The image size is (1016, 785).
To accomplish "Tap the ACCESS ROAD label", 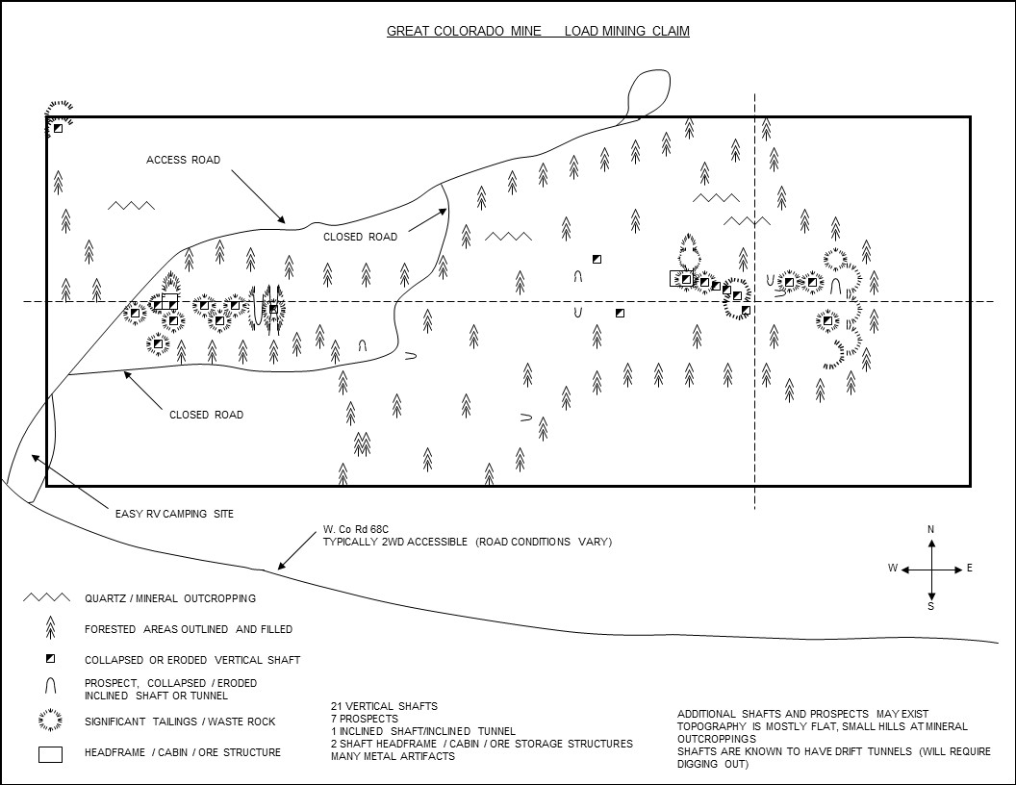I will pos(183,160).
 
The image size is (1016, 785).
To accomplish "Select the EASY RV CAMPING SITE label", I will pos(174,514).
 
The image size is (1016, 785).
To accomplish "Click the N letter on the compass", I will pos(930,530).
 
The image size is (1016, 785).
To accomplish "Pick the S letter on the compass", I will pos(930,606).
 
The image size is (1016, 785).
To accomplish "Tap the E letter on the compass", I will pos(969,569).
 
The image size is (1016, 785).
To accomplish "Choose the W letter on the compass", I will pos(893,569).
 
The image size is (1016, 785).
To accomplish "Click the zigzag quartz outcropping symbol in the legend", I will pos(48,597).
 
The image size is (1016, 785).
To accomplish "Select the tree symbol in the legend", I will pos(50,628).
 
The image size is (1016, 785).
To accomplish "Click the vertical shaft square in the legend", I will pos(50,659).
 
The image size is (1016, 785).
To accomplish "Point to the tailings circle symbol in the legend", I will pos(49,721).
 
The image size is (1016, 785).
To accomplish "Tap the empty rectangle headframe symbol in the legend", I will pos(49,754).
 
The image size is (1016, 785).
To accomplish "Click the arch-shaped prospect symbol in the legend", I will pos(50,688).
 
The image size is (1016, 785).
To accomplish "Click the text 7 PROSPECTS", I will pos(365,720).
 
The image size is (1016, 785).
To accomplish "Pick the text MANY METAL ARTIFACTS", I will pos(393,756).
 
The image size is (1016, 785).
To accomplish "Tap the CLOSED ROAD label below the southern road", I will pos(206,415).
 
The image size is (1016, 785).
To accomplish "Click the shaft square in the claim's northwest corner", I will pos(58,128).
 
